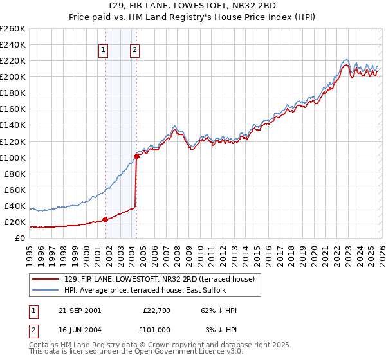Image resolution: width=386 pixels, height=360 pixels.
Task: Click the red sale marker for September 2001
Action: (105, 219)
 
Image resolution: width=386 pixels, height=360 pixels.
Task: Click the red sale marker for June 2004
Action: (136, 156)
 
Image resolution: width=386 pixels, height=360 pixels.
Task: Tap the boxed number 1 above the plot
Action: (103, 51)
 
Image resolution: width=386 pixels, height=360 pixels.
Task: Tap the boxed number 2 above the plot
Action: (134, 51)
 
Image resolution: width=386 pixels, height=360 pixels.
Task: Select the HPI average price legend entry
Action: (145, 290)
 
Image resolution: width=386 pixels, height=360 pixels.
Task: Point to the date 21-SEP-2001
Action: (74, 310)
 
